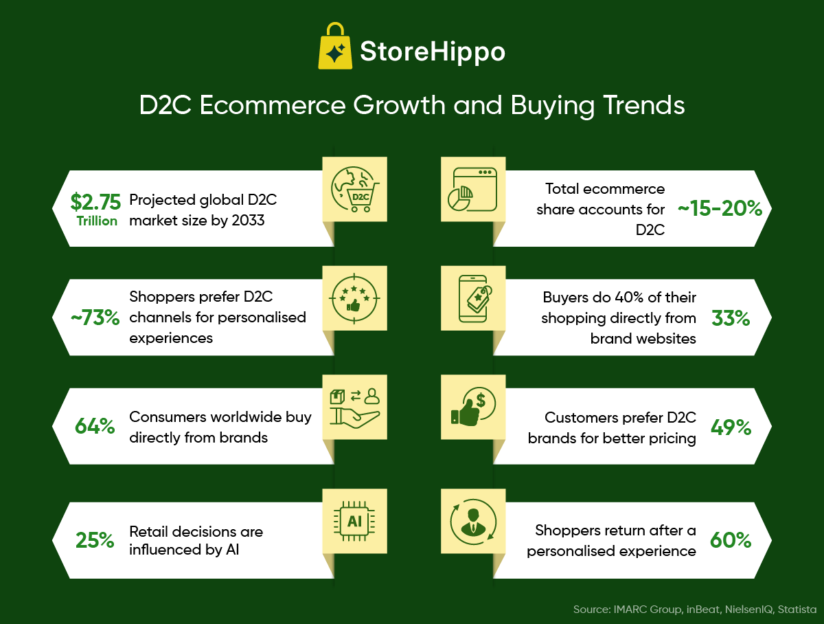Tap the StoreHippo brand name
(433, 52)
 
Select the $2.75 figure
(95, 201)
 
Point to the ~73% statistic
(96, 317)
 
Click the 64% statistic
(95, 426)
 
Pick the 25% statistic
(95, 540)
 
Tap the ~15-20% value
(720, 209)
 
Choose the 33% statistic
(731, 317)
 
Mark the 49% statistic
(731, 427)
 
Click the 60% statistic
(731, 540)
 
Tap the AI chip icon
(355, 520)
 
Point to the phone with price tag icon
(472, 298)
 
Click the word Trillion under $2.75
(96, 221)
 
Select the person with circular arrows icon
(472, 520)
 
